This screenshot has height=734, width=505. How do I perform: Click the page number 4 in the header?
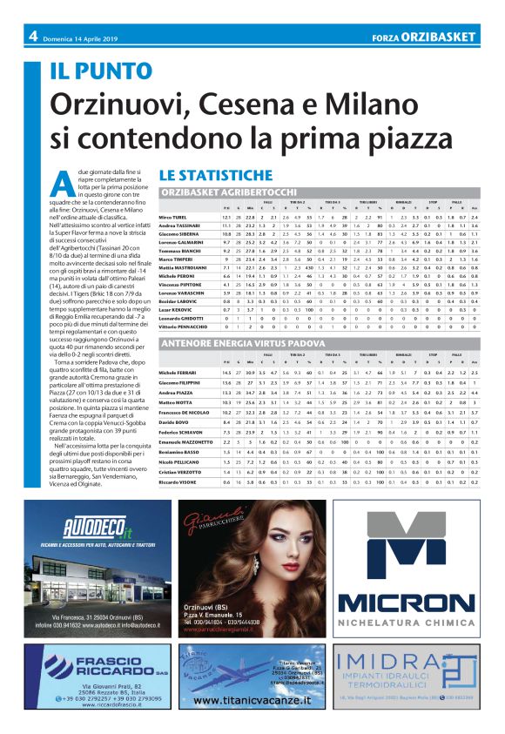(x=32, y=37)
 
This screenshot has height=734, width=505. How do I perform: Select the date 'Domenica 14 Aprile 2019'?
(x=83, y=37)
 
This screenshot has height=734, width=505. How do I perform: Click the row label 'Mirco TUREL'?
(x=172, y=217)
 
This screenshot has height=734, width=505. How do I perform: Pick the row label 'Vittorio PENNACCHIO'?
(x=185, y=326)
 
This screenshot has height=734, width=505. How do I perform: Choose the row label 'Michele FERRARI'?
(x=178, y=372)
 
